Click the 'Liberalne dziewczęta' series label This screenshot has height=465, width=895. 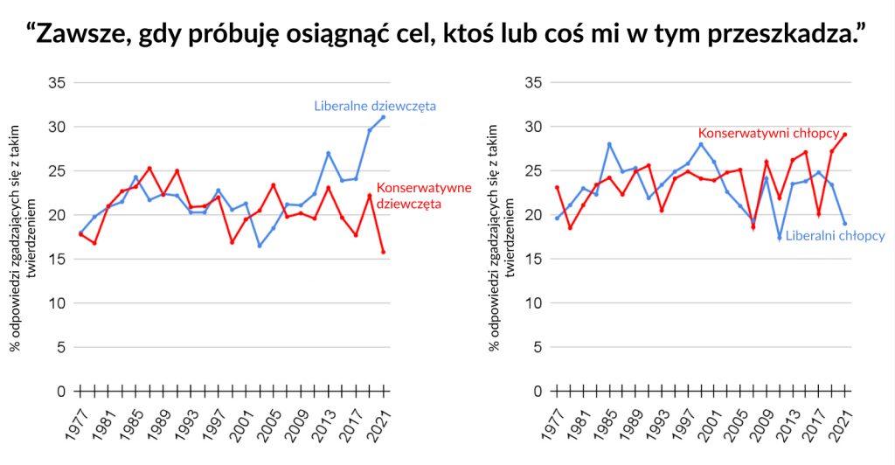(x=375, y=107)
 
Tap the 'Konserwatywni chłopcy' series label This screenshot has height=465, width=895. (x=767, y=134)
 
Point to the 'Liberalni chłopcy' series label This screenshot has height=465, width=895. (x=835, y=236)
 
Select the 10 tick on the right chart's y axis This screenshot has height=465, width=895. (x=535, y=303)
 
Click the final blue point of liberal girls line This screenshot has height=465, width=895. (x=383, y=117)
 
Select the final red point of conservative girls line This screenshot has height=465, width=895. (x=383, y=252)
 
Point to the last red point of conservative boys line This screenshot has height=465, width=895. (x=845, y=135)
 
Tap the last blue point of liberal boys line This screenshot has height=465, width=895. (x=845, y=223)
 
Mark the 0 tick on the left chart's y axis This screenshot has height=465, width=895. (x=61, y=392)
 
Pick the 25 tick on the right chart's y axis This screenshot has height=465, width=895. (x=535, y=171)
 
